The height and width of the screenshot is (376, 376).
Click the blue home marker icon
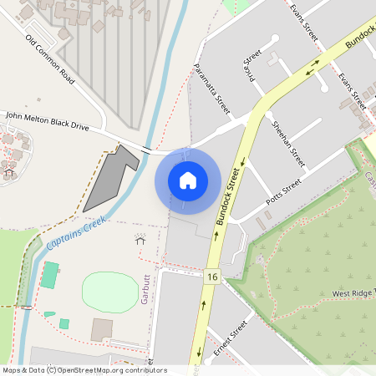[x=188, y=180]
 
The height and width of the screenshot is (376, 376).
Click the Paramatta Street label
[x=211, y=87]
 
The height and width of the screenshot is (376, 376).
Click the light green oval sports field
[x=109, y=292]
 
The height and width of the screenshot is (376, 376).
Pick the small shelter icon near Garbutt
[x=140, y=241]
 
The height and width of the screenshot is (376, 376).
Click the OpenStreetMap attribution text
[x=84, y=370]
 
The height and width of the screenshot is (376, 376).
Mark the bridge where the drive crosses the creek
[x=147, y=150]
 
